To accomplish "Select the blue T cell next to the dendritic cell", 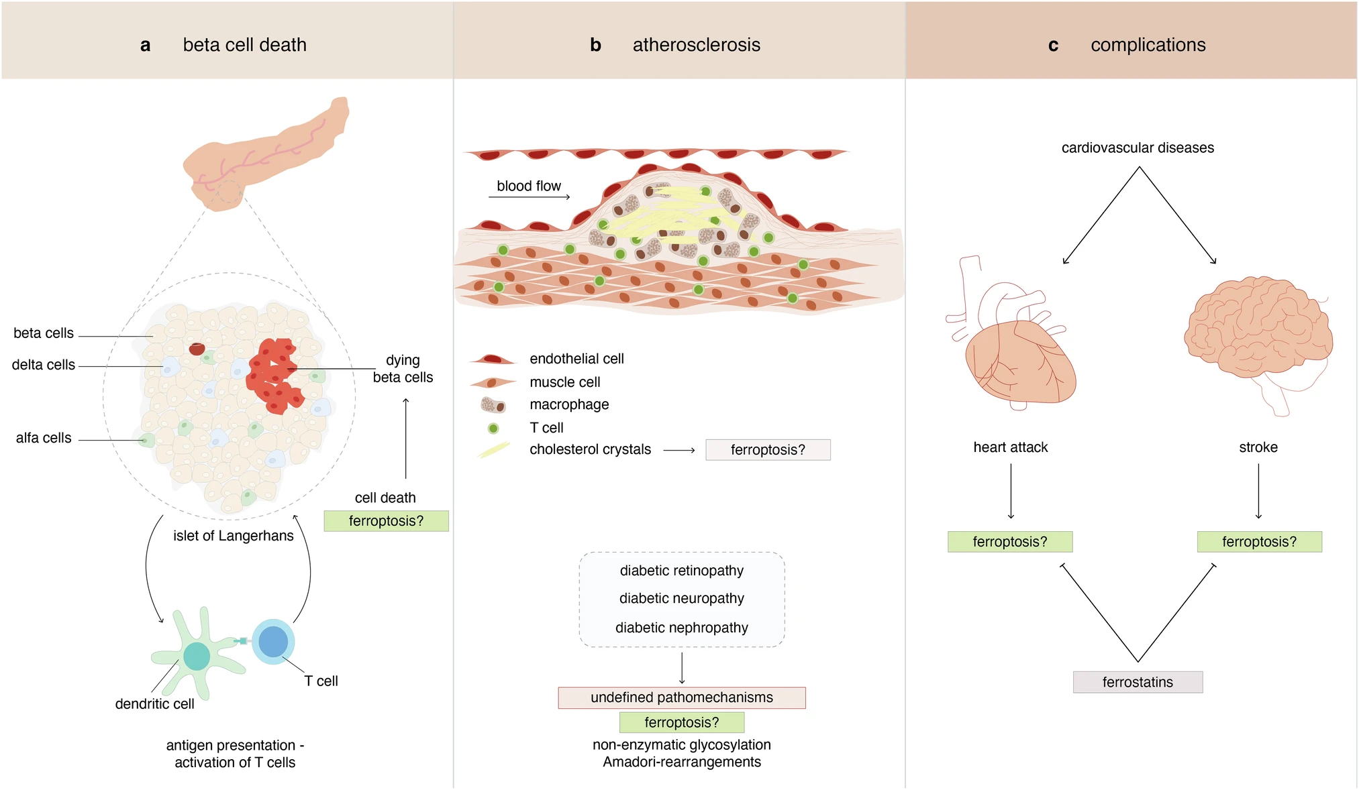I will (x=273, y=641).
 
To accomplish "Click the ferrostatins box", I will (x=1138, y=682).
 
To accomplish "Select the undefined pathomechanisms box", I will (x=681, y=697).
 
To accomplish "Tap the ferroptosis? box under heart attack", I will (x=1009, y=542).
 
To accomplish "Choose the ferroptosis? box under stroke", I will (x=1259, y=542).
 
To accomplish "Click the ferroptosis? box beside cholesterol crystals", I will (x=768, y=449).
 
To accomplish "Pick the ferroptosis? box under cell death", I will (x=386, y=521).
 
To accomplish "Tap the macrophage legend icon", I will (x=493, y=405).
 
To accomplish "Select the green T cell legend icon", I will (x=493, y=428).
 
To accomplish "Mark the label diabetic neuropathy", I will (x=681, y=598).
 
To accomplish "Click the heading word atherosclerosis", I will (x=696, y=45).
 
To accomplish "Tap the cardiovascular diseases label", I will (x=1138, y=148).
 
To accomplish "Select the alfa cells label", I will (x=44, y=438).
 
